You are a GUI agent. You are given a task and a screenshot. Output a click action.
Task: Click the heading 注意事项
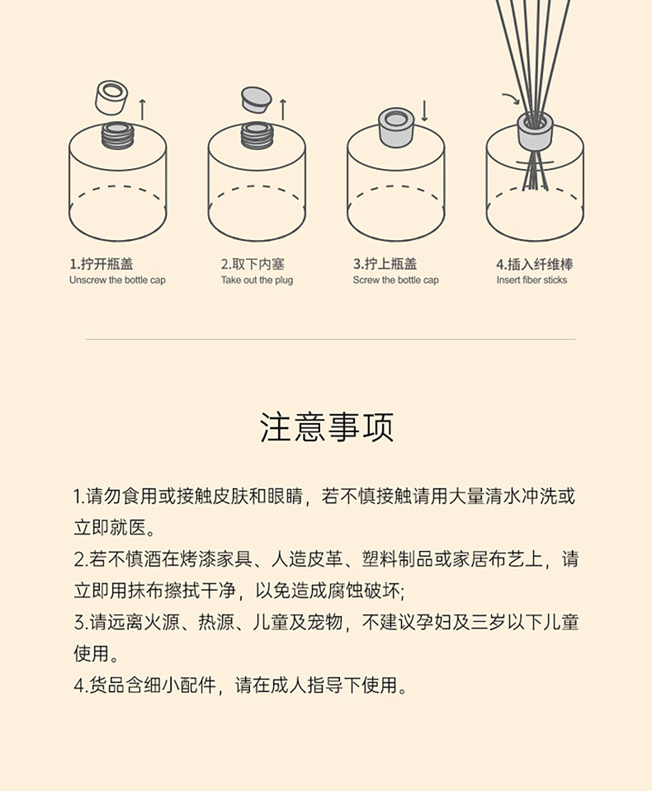pyautogui.click(x=327, y=427)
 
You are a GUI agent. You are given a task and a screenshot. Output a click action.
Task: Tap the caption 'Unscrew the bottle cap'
pyautogui.click(x=117, y=280)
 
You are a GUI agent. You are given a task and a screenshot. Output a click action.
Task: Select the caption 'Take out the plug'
pyautogui.click(x=257, y=280)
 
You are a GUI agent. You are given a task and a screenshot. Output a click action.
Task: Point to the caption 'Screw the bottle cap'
pyautogui.click(x=395, y=280)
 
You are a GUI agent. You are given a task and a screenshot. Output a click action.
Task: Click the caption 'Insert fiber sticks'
pyautogui.click(x=532, y=280)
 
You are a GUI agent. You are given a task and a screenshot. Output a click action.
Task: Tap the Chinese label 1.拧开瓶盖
pyautogui.click(x=102, y=264)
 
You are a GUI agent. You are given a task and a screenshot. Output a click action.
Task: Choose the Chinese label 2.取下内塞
pyautogui.click(x=253, y=264)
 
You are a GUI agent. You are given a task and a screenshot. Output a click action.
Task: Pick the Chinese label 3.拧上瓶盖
pyautogui.click(x=385, y=264)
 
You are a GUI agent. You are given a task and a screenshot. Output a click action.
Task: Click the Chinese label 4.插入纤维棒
pyautogui.click(x=535, y=264)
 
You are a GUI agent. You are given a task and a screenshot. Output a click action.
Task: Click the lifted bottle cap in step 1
pyautogui.click(x=111, y=97)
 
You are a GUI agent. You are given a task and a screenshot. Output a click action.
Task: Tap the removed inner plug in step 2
pyautogui.click(x=256, y=100)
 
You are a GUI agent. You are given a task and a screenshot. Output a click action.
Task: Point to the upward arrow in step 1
pyautogui.click(x=142, y=110)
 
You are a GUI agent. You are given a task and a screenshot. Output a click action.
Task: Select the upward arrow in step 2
pyautogui.click(x=283, y=110)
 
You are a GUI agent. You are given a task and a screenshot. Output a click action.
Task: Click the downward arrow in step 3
pyautogui.click(x=424, y=111)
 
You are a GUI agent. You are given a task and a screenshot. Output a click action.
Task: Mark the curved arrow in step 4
pyautogui.click(x=511, y=98)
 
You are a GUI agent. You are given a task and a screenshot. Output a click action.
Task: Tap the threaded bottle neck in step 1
pyautogui.click(x=116, y=135)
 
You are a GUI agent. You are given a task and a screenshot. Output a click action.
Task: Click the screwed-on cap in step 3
pyautogui.click(x=395, y=127)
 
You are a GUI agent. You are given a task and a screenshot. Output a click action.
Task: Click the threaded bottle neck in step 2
pyautogui.click(x=257, y=135)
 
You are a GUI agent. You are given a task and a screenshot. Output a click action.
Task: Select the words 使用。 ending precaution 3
pyautogui.click(x=96, y=653)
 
